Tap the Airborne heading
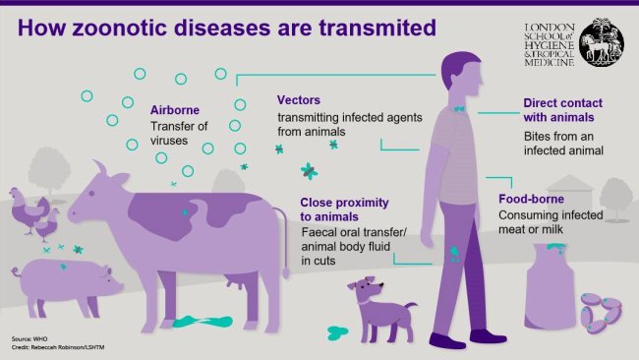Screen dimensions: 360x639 (176, 110)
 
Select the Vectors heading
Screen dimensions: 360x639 (299, 100)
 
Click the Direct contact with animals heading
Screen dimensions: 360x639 (562, 110)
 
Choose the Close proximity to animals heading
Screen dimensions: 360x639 (344, 210)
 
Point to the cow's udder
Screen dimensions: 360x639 (234, 285)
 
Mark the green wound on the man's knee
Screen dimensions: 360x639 (455, 253)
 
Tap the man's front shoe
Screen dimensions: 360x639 (448, 339)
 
